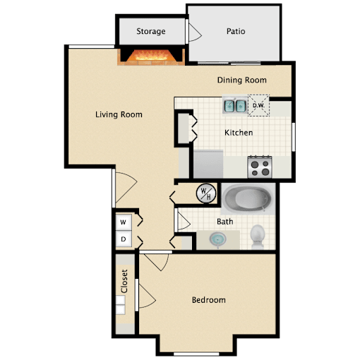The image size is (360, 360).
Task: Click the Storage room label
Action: pos(151,31)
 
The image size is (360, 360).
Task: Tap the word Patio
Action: pos(236,31)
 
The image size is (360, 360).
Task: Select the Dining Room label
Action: pos(242,80)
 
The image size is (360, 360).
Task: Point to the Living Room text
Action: pos(119,114)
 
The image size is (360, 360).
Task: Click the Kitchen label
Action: pos(239,133)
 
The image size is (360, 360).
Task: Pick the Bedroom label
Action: pos(209,300)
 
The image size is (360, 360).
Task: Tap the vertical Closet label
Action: pos(124,281)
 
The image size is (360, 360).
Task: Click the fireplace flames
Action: pos(152,56)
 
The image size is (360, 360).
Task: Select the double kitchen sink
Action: pos(235,106)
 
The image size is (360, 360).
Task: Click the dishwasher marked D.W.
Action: pos(258,105)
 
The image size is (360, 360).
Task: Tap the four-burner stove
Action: pos(260,167)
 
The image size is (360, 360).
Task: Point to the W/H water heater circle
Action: pos(206,193)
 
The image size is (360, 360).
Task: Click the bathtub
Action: pos(248,199)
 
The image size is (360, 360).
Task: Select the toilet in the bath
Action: pos(258,236)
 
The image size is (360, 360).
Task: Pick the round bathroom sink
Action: pos(218,239)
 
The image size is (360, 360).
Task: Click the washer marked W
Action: pos(124,222)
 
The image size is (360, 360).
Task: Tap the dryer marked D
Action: pos(124,239)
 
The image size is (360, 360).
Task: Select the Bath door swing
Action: pos(184,222)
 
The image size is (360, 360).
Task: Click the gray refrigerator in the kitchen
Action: pos(208,164)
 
